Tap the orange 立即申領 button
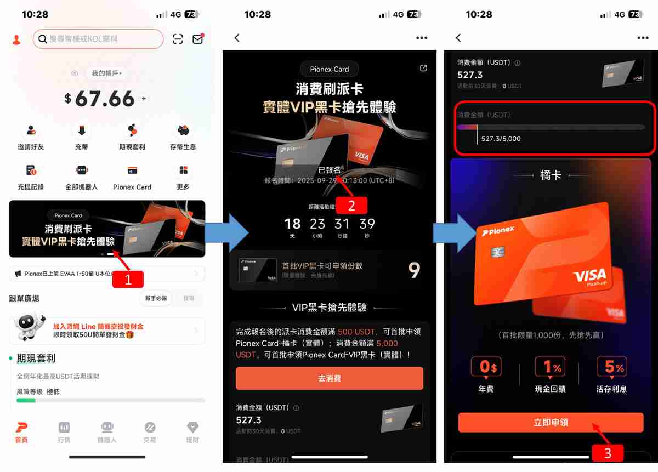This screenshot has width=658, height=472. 551,423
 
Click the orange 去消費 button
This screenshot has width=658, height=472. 329,378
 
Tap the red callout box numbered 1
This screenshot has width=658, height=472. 128,280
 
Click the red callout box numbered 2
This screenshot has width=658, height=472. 351,205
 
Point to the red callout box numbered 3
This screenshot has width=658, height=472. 607,453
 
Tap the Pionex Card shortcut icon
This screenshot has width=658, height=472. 132,170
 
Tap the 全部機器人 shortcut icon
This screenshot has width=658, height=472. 81,170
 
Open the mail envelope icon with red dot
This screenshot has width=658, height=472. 197,39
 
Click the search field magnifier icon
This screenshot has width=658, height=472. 42,39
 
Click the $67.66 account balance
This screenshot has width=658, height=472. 104,99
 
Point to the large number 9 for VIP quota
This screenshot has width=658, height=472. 414,270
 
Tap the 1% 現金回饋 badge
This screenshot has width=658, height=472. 550,368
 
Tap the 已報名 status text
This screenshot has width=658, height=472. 329,170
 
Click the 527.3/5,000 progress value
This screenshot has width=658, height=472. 501,139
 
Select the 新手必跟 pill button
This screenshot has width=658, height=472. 156,298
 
